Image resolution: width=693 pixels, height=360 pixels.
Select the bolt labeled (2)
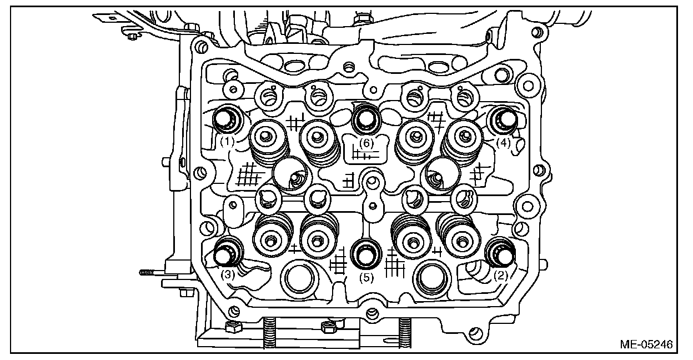[x=501, y=252]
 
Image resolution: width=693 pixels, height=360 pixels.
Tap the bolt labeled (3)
[x=227, y=253]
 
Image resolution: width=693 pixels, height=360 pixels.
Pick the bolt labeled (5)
[x=365, y=253]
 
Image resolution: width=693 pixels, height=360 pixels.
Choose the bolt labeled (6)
[x=366, y=117]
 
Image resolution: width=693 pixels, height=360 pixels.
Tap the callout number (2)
[x=501, y=274]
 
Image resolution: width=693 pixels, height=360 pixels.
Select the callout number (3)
[x=229, y=274]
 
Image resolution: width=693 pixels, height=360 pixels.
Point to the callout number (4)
[x=503, y=142]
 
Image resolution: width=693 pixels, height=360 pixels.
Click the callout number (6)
[x=365, y=143]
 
